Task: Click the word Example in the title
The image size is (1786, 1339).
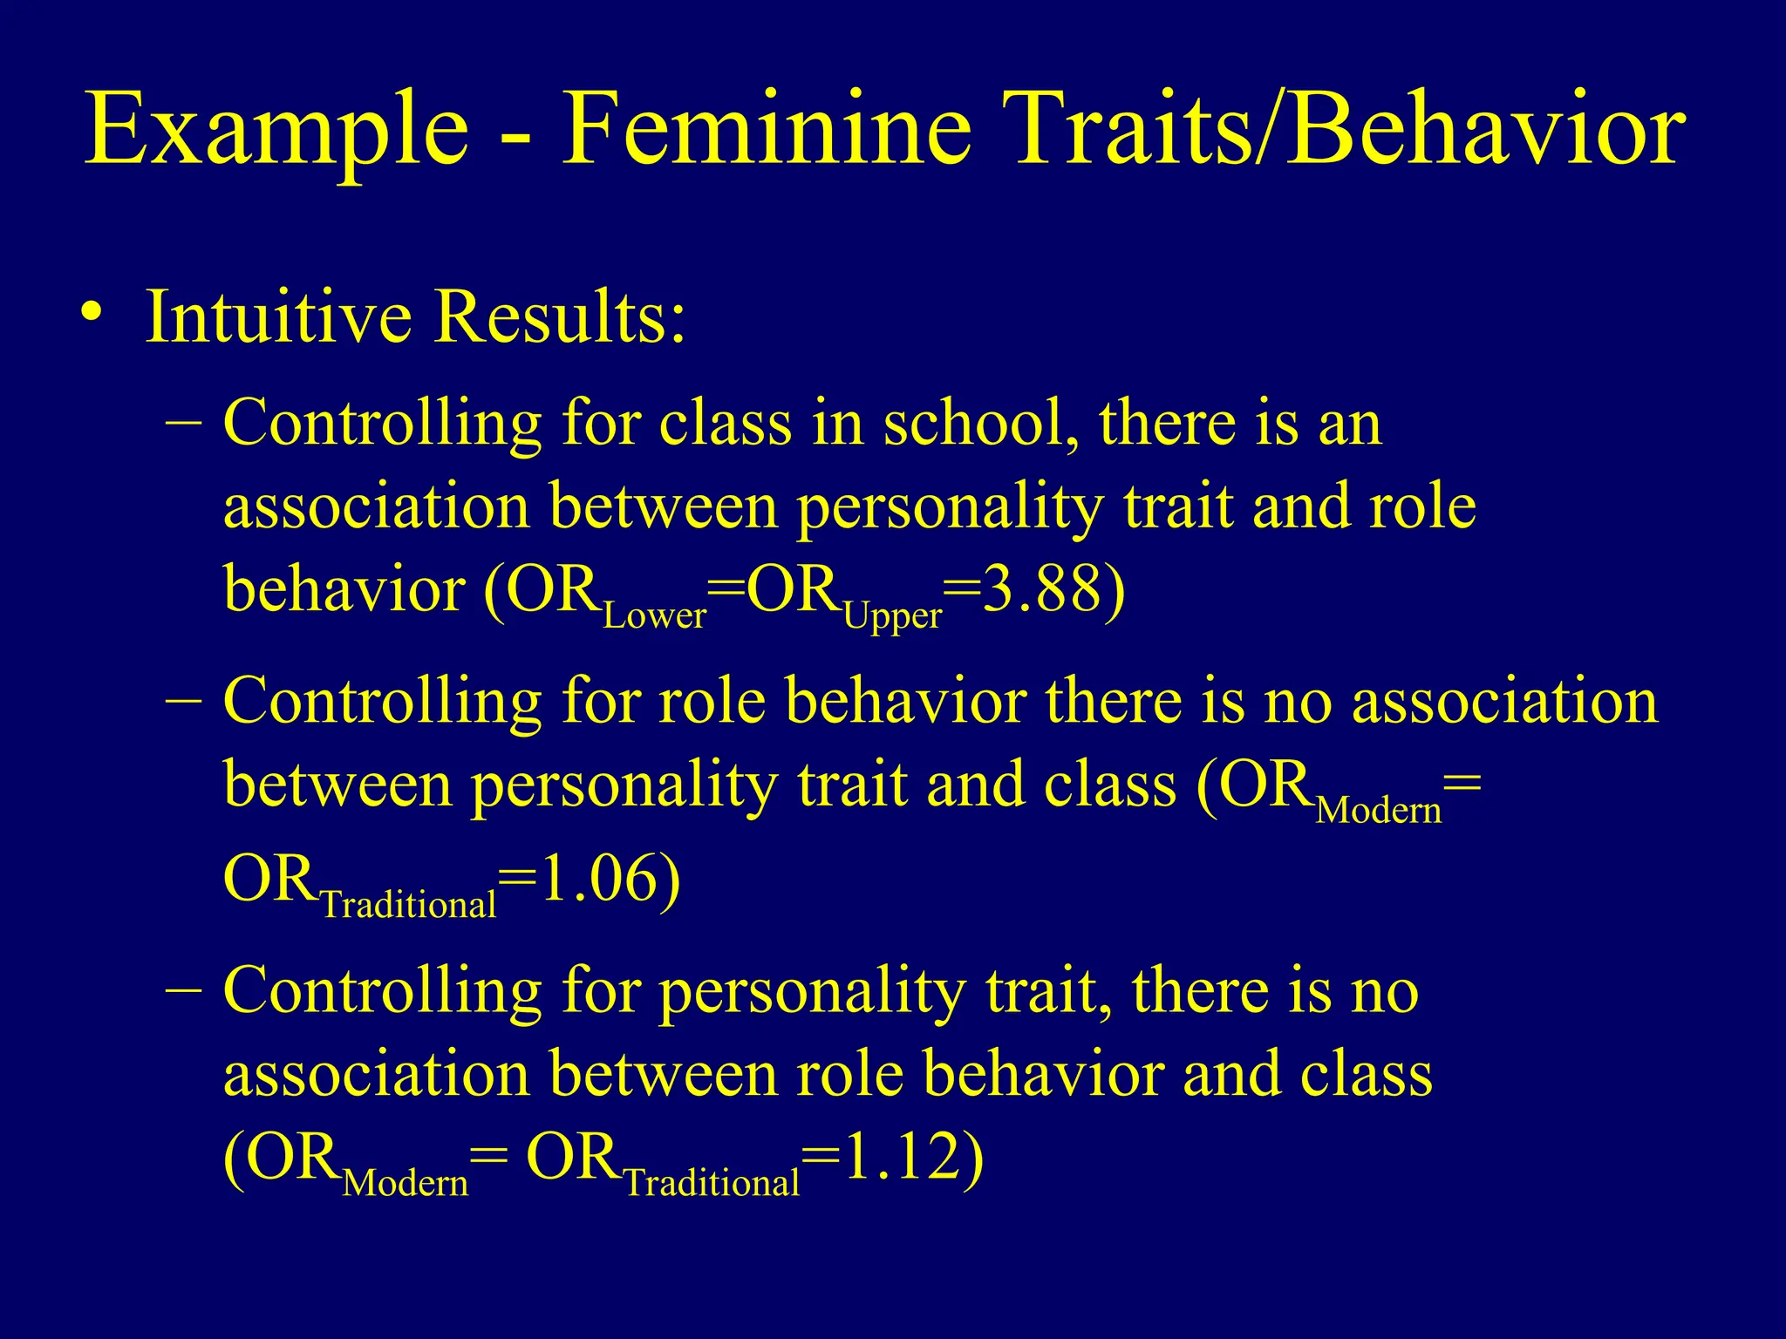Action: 277,131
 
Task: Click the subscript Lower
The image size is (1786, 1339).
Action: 654,616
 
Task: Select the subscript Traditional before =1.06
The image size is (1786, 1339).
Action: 408,905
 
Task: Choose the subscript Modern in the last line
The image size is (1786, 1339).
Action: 406,1184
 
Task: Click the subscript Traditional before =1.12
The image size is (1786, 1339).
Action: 712,1184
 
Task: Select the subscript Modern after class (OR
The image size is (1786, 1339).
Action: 1378,811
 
